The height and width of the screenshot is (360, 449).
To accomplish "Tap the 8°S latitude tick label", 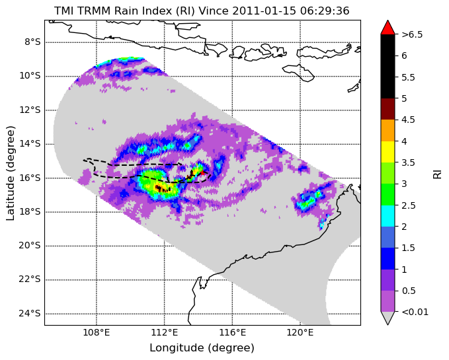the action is click(x=32, y=42).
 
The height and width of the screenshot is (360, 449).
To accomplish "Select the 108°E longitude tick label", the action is click(x=97, y=332).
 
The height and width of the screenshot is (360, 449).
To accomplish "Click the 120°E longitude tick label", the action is click(x=300, y=332).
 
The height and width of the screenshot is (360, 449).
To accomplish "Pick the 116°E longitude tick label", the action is click(x=232, y=332).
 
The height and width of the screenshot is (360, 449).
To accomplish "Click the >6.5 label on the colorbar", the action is click(x=412, y=34).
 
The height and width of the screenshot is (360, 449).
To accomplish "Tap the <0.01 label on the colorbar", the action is click(x=415, y=312).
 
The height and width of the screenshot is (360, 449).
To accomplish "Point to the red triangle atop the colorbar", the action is click(x=388, y=28).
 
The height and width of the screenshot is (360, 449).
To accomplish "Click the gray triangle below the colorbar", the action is click(x=388, y=318).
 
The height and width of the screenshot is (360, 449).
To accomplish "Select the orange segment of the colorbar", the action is click(x=388, y=130).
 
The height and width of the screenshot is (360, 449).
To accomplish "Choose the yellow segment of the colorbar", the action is click(x=388, y=152).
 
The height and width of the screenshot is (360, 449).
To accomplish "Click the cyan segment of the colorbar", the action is click(x=388, y=216).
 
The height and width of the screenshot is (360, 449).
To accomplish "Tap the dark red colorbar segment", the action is click(x=388, y=109).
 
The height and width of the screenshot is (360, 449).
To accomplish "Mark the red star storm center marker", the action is click(x=202, y=172).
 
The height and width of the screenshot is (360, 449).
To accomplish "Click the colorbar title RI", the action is click(x=437, y=173).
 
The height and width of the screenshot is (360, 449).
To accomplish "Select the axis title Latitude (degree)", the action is click(x=11, y=173).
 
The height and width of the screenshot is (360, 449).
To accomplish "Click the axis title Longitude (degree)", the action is click(x=202, y=348).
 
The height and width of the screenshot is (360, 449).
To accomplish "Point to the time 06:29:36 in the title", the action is click(x=325, y=11).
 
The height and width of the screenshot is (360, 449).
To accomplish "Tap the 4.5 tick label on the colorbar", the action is click(x=409, y=120).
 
